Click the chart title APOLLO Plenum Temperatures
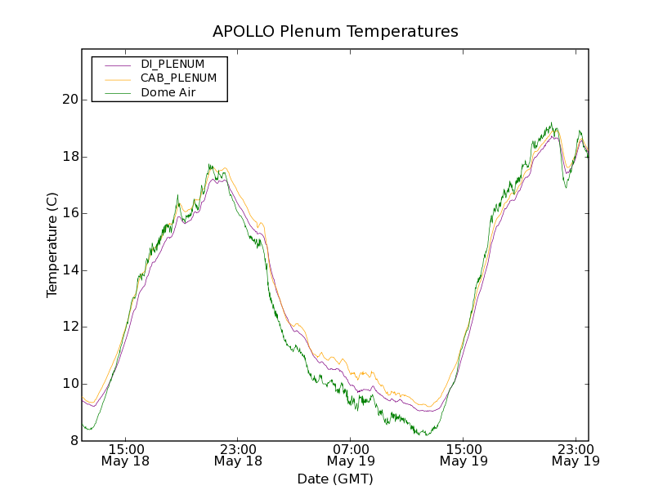pyautogui.click(x=335, y=32)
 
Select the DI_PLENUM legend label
pyautogui.click(x=172, y=64)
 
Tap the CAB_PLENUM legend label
pyautogui.click(x=178, y=78)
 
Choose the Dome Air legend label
pyautogui.click(x=168, y=93)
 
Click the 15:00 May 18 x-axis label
pyautogui.click(x=126, y=455)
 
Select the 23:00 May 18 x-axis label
pyautogui.click(x=239, y=455)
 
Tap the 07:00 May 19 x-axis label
pyautogui.click(x=351, y=455)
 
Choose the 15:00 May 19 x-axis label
pyautogui.click(x=464, y=455)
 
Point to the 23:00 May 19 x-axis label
pyautogui.click(x=575, y=455)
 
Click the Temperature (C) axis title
pyautogui.click(x=52, y=245)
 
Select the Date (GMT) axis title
pyautogui.click(x=335, y=479)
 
